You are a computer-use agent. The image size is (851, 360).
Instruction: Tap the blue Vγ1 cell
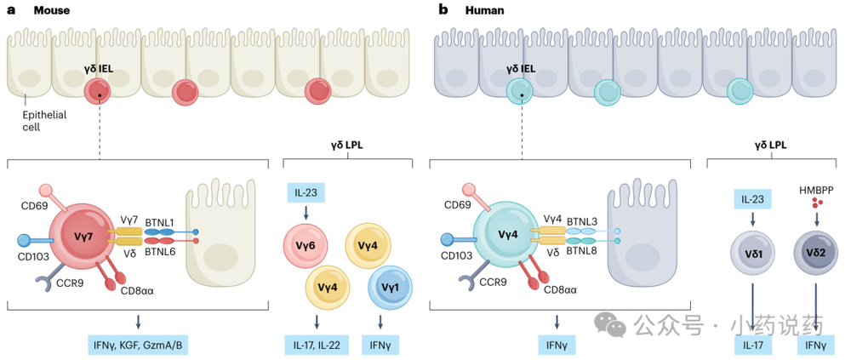391,289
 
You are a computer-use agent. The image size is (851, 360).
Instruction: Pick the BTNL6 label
160,251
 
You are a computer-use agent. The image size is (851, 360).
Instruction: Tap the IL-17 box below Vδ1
753,344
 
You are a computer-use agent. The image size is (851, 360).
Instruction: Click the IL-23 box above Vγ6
306,192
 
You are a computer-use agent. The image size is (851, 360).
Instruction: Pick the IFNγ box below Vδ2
815,344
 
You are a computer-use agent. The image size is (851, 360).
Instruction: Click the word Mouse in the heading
52,9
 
